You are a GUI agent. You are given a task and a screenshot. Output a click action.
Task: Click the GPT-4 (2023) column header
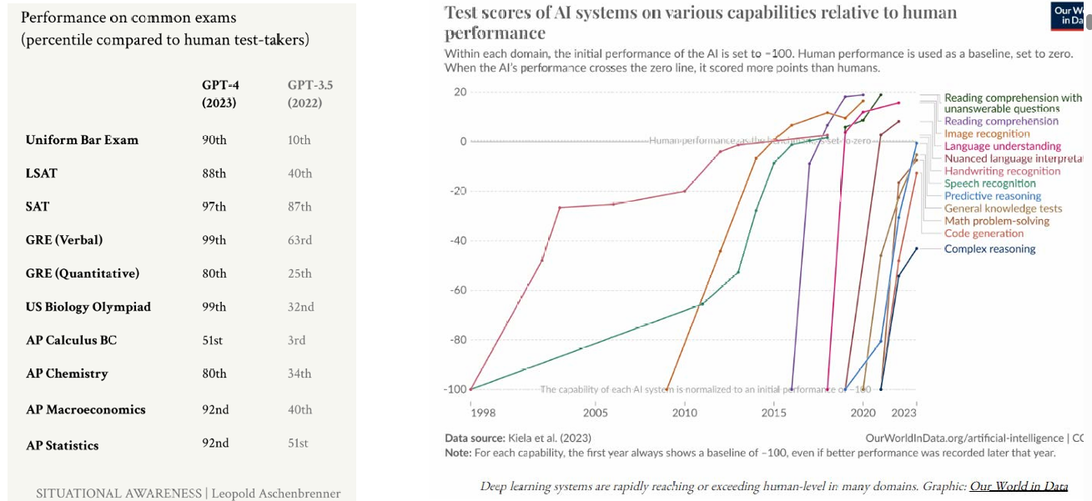click(219, 94)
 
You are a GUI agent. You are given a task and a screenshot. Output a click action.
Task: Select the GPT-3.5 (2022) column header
click(304, 94)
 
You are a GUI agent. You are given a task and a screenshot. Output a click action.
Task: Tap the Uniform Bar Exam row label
click(82, 140)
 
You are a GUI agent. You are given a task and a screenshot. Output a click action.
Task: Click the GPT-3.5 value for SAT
click(299, 207)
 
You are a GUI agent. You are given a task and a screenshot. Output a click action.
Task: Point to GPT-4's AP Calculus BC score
click(213, 340)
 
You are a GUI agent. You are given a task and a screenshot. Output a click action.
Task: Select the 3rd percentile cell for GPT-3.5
click(296, 340)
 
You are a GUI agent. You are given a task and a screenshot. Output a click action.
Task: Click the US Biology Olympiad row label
click(88, 307)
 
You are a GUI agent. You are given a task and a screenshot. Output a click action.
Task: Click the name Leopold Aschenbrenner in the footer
click(277, 493)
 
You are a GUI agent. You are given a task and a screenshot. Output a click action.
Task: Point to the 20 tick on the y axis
click(460, 92)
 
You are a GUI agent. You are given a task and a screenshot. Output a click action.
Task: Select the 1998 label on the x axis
click(482, 413)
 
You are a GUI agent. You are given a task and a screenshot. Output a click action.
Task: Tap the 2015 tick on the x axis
click(773, 413)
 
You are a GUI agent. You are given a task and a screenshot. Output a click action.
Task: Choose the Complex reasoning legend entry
click(989, 249)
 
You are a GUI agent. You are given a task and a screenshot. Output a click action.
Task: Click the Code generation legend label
click(984, 234)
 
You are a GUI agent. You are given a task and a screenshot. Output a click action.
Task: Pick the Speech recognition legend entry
click(989, 183)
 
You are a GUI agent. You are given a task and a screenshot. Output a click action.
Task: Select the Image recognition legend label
click(987, 133)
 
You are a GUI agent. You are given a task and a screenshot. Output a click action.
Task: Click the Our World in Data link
click(1018, 486)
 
